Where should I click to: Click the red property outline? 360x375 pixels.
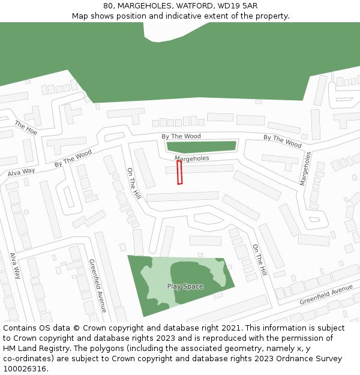tap(179, 172)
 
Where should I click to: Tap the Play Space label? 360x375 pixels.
tap(185, 286)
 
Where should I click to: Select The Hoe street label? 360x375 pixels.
tap(26, 127)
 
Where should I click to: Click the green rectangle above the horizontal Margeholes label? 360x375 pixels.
tap(202, 146)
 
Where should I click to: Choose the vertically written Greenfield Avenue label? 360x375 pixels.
tap(97, 285)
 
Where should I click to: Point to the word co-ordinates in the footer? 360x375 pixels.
tap(28, 359)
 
